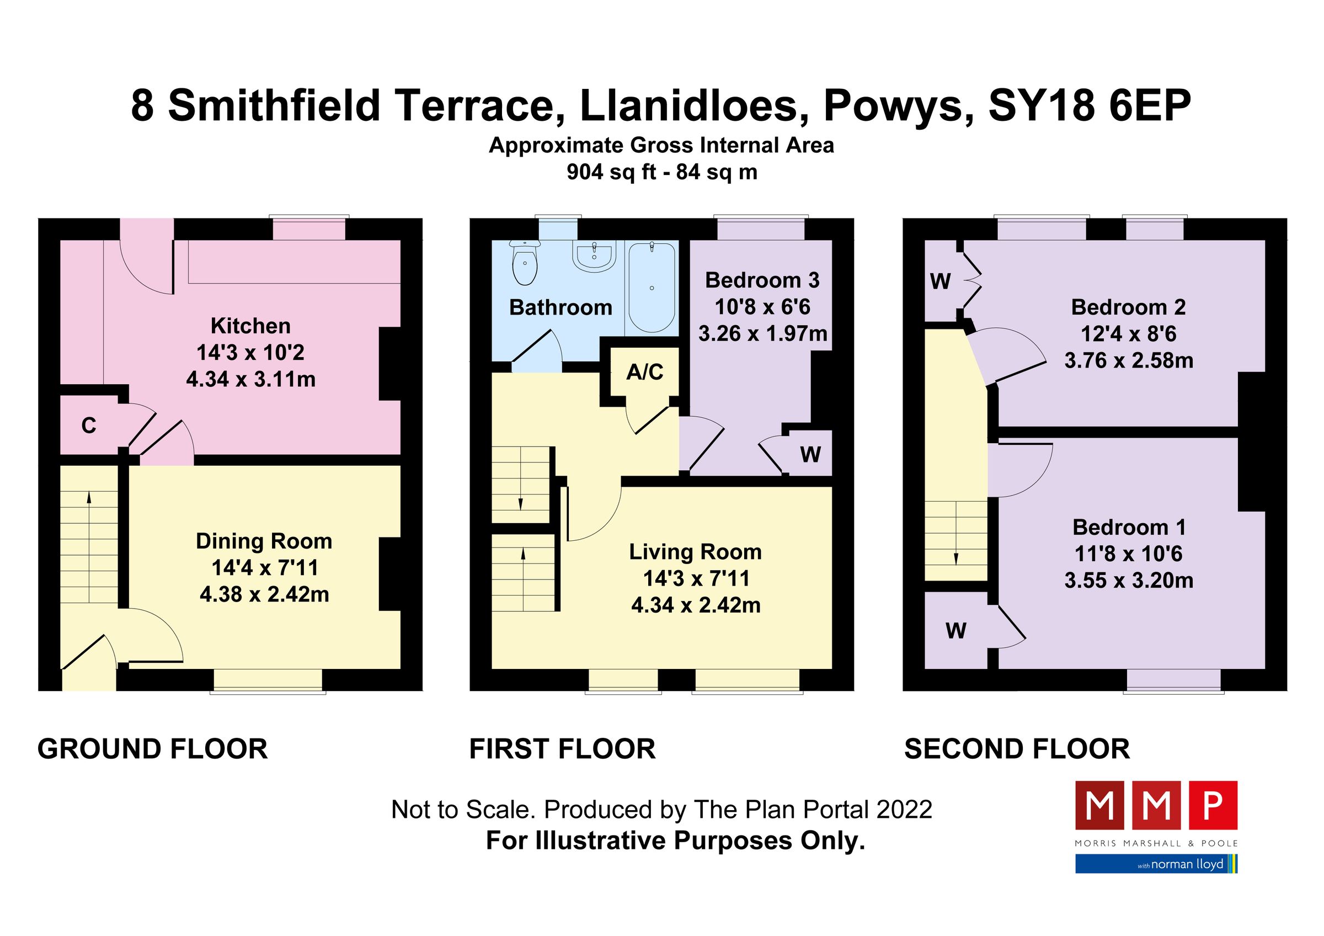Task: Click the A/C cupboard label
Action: [x=645, y=372]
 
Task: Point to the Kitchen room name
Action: [x=250, y=326]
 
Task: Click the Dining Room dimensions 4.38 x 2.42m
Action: [x=264, y=594]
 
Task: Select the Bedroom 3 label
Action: [x=762, y=280]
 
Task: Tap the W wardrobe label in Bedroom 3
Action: [x=810, y=455]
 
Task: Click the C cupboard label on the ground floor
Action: [x=89, y=426]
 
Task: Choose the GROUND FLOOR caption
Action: [x=152, y=749]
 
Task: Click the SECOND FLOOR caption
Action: [x=1017, y=749]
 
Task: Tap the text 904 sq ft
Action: [x=611, y=172]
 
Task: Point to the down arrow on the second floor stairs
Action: [x=956, y=559]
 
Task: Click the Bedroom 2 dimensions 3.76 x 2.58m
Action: [x=1129, y=360]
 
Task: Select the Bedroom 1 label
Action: [x=1129, y=527]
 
